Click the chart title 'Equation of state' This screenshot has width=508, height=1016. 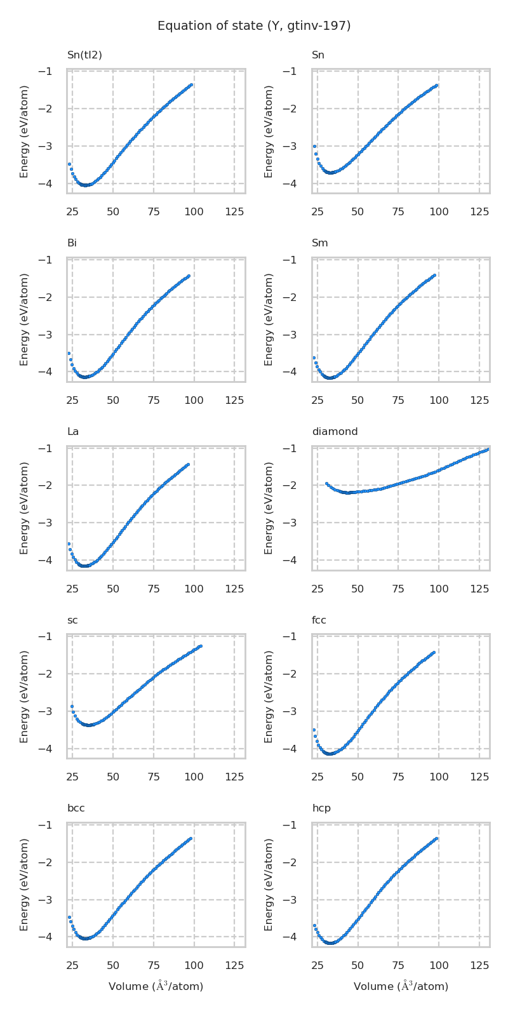click(x=254, y=26)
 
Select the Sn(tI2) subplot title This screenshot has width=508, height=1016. click(x=84, y=55)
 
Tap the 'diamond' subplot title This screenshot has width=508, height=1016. click(x=335, y=432)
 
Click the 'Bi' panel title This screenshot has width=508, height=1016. click(x=72, y=243)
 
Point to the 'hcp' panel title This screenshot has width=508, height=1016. click(x=321, y=808)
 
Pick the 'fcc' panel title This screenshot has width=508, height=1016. click(x=319, y=620)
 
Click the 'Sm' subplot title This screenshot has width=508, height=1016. click(x=319, y=243)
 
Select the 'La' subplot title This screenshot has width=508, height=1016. click(x=73, y=432)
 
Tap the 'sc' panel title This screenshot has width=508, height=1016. click(x=72, y=620)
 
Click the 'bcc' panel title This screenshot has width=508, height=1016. click(x=76, y=808)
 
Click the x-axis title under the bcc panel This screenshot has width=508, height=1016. click(x=156, y=986)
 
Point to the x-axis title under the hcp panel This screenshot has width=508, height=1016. click(x=401, y=986)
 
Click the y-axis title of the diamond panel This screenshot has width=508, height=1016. click(x=269, y=508)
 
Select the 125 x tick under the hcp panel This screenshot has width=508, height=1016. click(x=479, y=965)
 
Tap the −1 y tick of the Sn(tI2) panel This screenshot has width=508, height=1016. click(x=45, y=71)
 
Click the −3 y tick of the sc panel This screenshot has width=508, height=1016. click(x=45, y=711)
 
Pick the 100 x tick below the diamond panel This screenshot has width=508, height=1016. click(x=439, y=589)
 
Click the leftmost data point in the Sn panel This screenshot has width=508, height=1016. click(x=314, y=146)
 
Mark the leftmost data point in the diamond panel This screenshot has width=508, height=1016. click(x=327, y=483)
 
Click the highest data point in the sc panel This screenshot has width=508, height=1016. click(x=201, y=646)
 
